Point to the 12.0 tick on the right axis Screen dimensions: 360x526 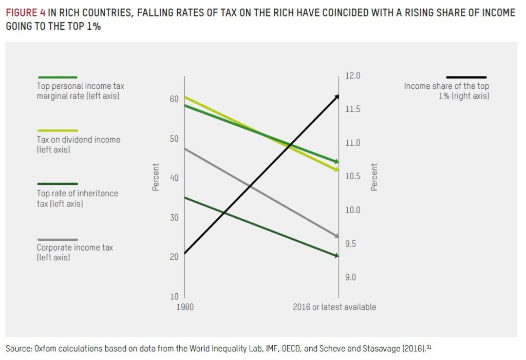pyautogui.click(x=353, y=76)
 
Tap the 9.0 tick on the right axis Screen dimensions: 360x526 pyautogui.click(x=350, y=278)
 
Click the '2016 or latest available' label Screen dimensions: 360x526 pyautogui.click(x=334, y=307)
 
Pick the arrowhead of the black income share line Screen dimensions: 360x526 pyautogui.click(x=337, y=96)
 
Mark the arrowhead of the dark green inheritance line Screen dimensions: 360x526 pyautogui.click(x=336, y=255)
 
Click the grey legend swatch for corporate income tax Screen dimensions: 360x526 pyautogui.click(x=58, y=240)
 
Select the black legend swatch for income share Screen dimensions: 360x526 pyautogui.click(x=466, y=78)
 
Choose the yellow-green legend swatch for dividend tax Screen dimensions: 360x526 pyautogui.click(x=58, y=130)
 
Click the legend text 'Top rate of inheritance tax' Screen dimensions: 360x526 pyautogui.click(x=77, y=198)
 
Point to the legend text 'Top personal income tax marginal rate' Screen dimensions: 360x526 pyautogui.click(x=80, y=91)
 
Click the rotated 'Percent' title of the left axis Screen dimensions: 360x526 pyautogui.click(x=156, y=177)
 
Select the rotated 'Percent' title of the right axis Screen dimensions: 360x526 pyautogui.click(x=374, y=177)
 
